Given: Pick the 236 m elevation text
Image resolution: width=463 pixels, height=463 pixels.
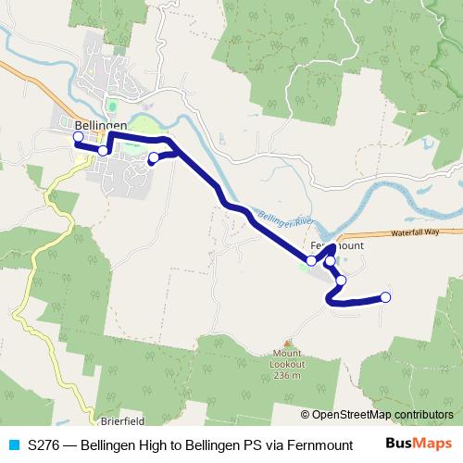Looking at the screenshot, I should pos(289,375).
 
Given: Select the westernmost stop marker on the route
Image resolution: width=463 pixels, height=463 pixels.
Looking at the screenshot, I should pos(78,137).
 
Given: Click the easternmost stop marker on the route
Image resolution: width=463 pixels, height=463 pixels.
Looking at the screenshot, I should pos(386,297).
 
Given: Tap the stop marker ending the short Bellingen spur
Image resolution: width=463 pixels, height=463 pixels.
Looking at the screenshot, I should pos(154,157).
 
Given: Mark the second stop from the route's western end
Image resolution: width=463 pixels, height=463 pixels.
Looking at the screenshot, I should pos(104,150).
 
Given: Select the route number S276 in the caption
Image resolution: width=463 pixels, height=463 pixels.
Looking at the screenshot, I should pos(45,444).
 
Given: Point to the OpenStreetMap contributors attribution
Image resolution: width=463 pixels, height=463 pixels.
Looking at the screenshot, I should pos(377,414).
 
